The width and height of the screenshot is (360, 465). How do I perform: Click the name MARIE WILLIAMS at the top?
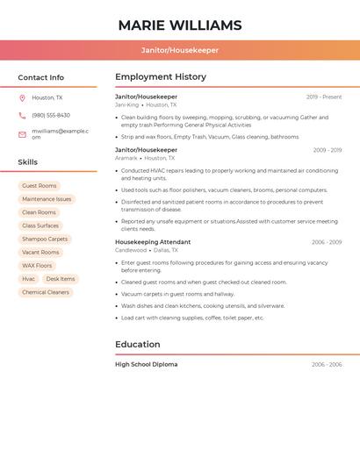[x=179, y=25]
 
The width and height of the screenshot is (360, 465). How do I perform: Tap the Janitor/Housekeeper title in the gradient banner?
[x=179, y=50]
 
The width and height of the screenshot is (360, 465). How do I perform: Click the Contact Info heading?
[x=40, y=77]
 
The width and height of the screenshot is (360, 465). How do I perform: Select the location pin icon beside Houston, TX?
[x=22, y=97]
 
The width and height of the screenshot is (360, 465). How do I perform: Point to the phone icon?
[x=22, y=115]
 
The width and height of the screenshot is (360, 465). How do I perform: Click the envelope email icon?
[x=22, y=133]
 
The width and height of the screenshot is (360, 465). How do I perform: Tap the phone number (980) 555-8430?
[x=51, y=115]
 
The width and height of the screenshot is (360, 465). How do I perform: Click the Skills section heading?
[x=27, y=161]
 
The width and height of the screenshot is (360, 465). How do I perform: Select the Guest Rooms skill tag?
[x=40, y=186]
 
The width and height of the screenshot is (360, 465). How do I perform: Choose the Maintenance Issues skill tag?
[x=47, y=199]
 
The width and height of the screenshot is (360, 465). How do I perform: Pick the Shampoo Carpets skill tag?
[x=45, y=239]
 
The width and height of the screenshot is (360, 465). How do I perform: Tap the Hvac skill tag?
[x=29, y=279]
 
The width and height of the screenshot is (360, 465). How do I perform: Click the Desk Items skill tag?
[x=61, y=279]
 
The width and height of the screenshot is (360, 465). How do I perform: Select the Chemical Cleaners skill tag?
[x=46, y=292]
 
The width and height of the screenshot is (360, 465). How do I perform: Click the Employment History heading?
[x=160, y=77]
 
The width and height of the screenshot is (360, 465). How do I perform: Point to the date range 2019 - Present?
[x=324, y=97]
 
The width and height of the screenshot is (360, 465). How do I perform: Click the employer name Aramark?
[x=126, y=158]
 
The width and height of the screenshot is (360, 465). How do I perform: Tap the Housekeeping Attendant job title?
[x=153, y=241]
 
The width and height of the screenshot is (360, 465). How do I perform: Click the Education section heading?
[x=137, y=344]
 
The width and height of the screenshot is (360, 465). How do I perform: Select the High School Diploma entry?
[x=146, y=364]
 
